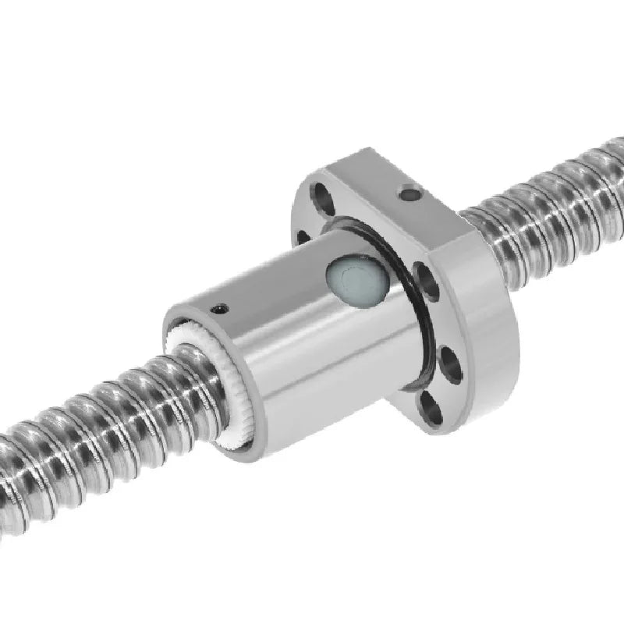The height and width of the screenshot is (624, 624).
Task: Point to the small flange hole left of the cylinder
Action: pos(303,237)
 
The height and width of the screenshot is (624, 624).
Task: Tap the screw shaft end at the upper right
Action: pos(593,187)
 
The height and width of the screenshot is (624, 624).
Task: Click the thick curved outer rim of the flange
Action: pos(491,328)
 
